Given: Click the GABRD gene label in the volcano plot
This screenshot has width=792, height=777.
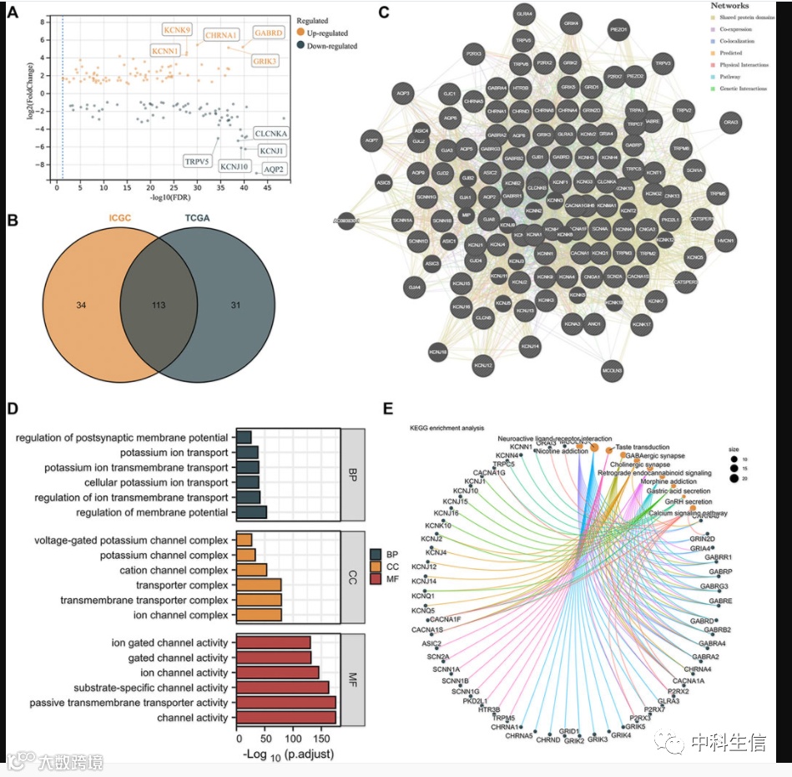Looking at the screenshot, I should pos(272,33).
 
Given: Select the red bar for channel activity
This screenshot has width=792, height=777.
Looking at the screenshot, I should pos(286,718).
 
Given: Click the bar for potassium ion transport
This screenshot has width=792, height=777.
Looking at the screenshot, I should pos(247,452).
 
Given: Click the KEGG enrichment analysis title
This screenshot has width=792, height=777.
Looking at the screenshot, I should pos(446,428).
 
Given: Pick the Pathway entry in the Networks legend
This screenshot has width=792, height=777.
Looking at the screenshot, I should pos(729,75).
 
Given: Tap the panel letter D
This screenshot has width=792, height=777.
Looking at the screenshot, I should pos(12,411).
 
